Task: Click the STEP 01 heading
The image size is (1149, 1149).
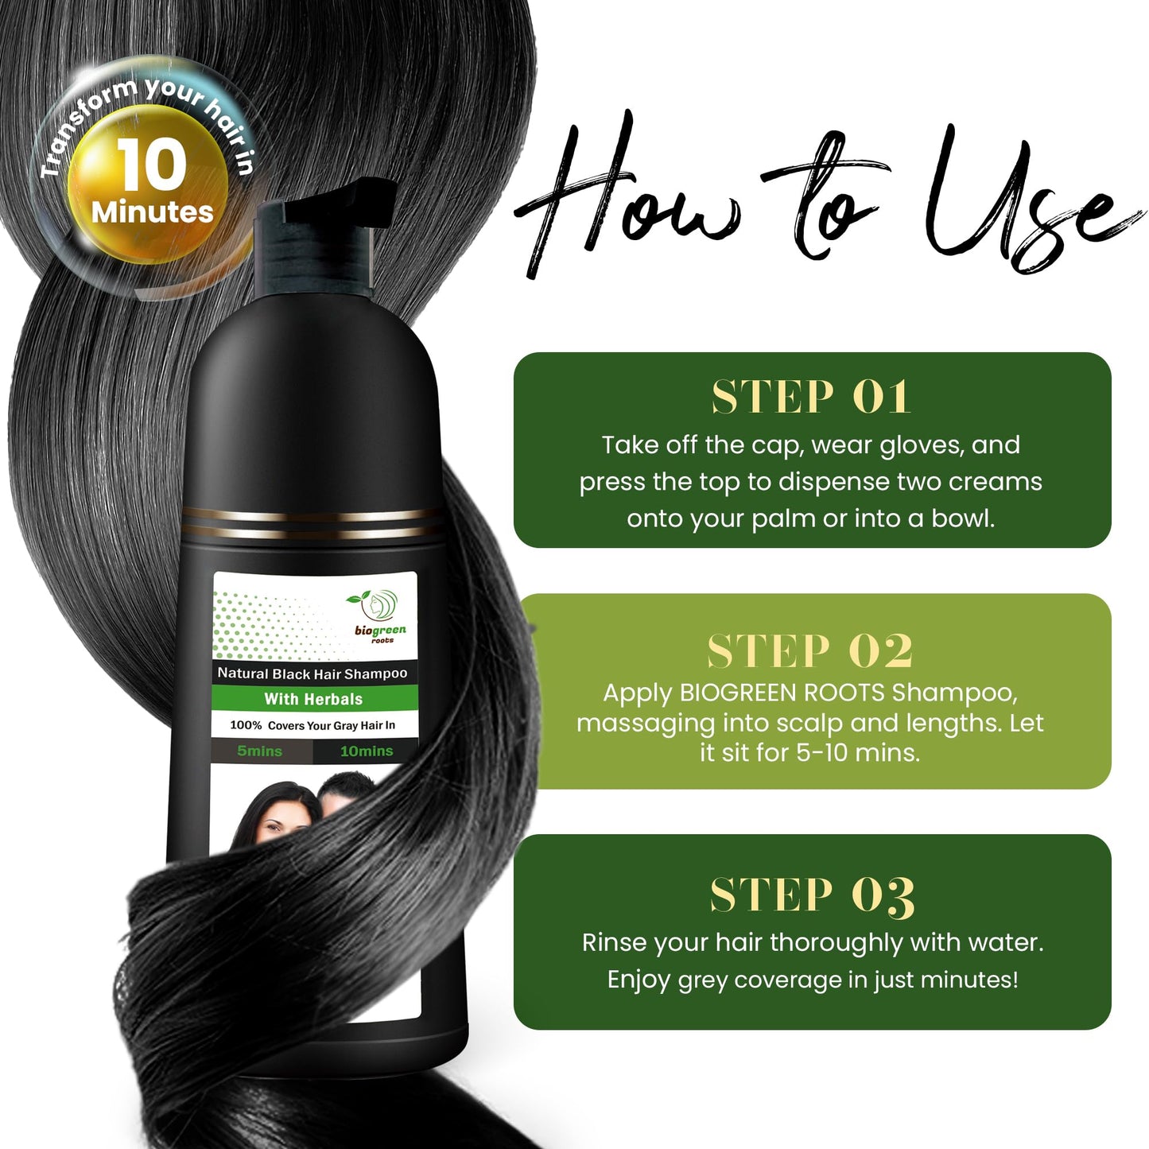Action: [x=811, y=397]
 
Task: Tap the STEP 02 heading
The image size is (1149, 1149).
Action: [x=811, y=651]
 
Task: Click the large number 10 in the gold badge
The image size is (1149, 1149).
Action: [x=151, y=165]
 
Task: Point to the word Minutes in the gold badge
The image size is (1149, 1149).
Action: [x=152, y=212]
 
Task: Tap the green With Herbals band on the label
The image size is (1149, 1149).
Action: [x=313, y=699]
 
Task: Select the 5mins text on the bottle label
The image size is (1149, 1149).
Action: [x=259, y=751]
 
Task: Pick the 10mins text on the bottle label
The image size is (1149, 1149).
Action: [x=367, y=751]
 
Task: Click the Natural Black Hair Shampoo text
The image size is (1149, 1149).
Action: [x=312, y=673]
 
